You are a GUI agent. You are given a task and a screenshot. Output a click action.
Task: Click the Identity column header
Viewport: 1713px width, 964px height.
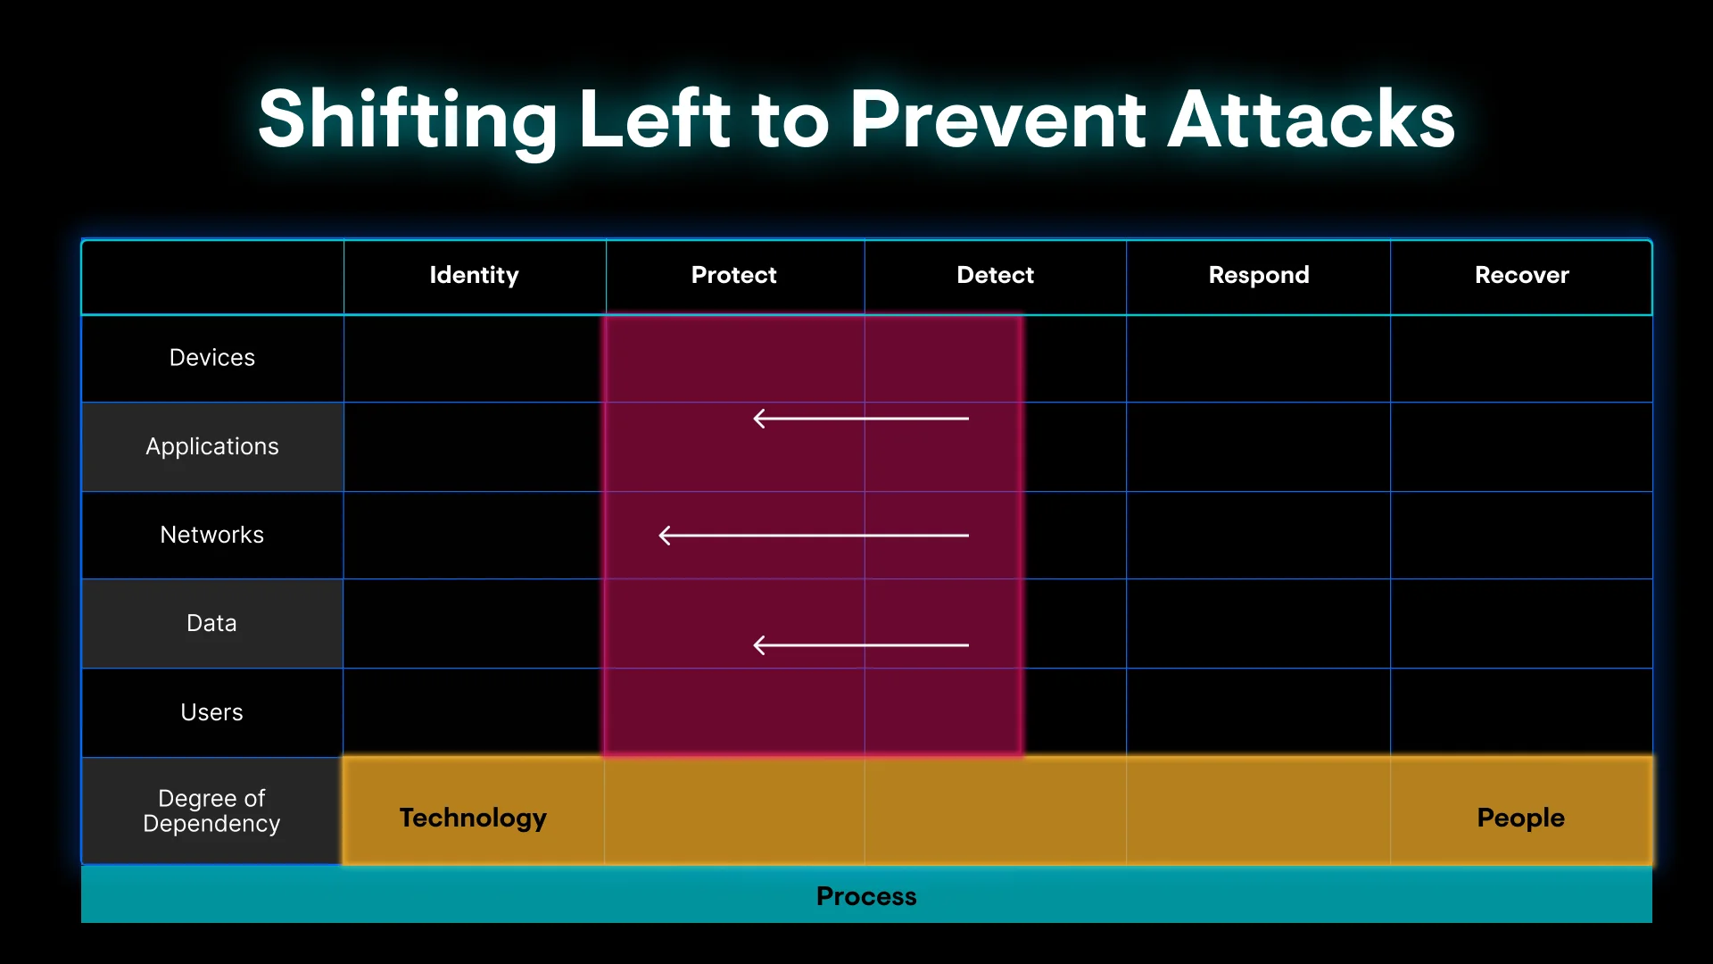coord(474,276)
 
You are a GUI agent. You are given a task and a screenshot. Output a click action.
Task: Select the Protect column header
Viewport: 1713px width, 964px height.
coord(734,275)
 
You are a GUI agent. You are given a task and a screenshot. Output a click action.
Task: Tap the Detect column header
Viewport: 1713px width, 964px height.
coord(996,275)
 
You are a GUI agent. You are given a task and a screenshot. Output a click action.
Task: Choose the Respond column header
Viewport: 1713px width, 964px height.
coord(1259,276)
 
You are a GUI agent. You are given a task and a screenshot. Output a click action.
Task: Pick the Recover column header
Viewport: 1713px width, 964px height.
coord(1522,275)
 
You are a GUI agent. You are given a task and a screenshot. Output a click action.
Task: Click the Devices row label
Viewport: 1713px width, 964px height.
coord(212,358)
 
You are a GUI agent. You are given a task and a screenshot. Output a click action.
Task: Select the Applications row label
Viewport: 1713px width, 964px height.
coord(212,447)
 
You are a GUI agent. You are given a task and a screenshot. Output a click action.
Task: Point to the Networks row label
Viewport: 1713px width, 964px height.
coord(212,535)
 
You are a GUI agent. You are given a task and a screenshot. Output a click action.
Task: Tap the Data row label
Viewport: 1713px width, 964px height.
coord(211,623)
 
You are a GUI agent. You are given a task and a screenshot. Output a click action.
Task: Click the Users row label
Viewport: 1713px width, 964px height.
coord(211,712)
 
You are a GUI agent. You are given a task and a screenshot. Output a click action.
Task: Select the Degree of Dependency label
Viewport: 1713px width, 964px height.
coord(211,810)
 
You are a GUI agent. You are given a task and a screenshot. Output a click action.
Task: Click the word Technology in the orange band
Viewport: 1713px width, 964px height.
coord(473,819)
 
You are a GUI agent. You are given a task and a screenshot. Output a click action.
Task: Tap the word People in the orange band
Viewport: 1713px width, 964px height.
coord(1521,818)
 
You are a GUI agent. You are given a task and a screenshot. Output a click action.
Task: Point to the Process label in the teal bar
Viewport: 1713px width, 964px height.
coord(866,896)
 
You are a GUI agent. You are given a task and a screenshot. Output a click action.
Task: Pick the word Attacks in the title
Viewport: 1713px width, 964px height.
coord(1312,120)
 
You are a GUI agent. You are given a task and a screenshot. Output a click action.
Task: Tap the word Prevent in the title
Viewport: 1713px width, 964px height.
coord(997,120)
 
